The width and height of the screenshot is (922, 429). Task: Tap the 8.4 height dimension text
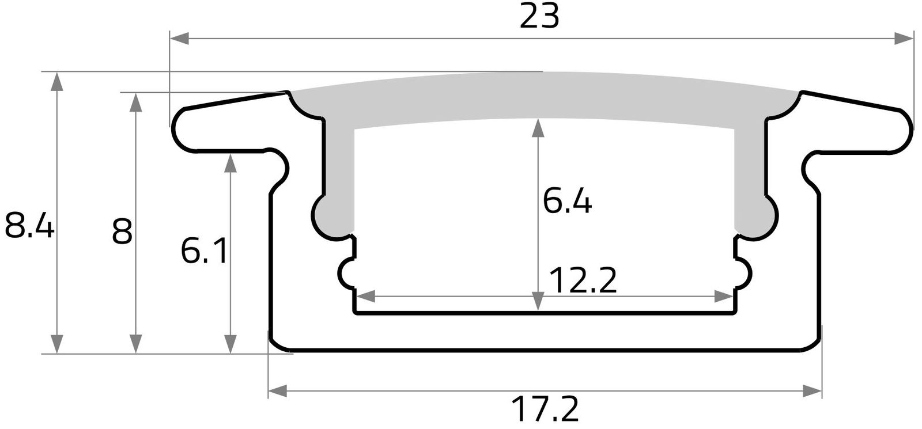click(x=29, y=226)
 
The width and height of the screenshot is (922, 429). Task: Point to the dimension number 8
click(x=122, y=232)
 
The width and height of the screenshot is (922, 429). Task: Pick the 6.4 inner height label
click(x=567, y=202)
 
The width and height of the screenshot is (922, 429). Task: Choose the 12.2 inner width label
click(x=583, y=280)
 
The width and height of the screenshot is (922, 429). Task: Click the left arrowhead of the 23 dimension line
click(x=179, y=39)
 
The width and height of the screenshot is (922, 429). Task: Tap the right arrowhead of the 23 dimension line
click(x=905, y=39)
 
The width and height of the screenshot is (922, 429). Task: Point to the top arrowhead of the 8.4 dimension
click(x=56, y=81)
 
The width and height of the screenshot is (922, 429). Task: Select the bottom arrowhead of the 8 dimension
click(x=135, y=344)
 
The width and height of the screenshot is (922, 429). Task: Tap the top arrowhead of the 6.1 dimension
click(x=231, y=163)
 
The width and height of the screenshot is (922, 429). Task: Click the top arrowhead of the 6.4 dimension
click(x=538, y=128)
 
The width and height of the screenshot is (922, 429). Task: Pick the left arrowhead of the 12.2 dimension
click(x=366, y=297)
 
